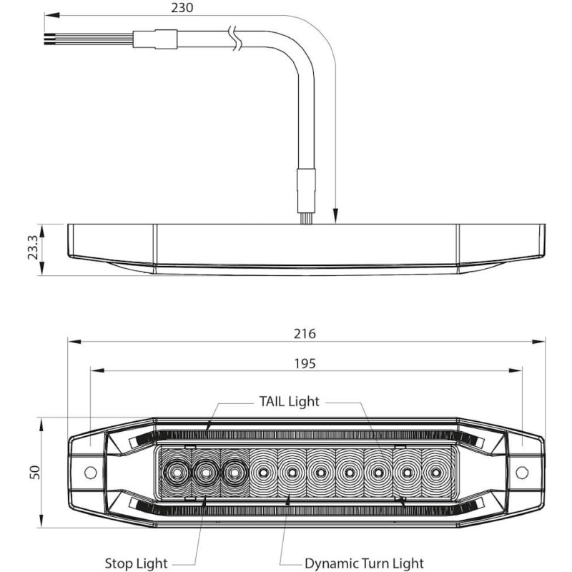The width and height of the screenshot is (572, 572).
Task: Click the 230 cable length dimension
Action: click(183, 8)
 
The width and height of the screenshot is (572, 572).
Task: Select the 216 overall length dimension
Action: click(304, 333)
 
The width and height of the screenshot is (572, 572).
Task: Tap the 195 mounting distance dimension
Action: click(304, 363)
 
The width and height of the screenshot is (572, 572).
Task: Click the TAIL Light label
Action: click(288, 401)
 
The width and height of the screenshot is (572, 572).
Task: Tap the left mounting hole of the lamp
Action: click(90, 473)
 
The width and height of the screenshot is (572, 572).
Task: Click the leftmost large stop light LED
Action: click(176, 472)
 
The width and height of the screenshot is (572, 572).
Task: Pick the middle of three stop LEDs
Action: click(206, 472)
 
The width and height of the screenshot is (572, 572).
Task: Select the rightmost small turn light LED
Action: click(435, 473)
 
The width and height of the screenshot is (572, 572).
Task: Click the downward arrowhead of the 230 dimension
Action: click(335, 217)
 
